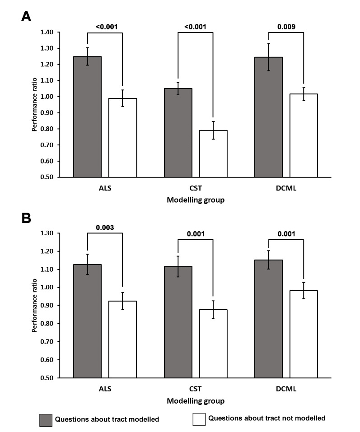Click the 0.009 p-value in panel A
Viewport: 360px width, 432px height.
[286, 27]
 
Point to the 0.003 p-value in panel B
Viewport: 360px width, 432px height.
[105, 228]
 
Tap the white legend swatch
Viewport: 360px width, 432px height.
[198, 419]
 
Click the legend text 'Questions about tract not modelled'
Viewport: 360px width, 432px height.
[266, 418]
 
